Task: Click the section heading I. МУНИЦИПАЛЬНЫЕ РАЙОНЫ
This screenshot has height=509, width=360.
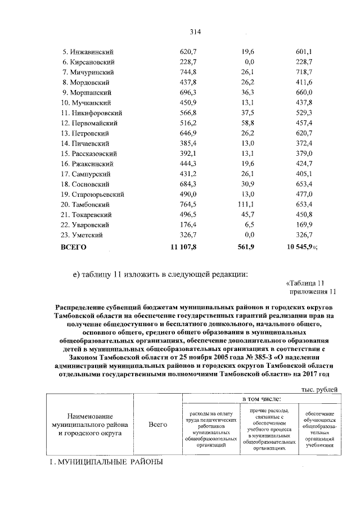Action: (x=104, y=462)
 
